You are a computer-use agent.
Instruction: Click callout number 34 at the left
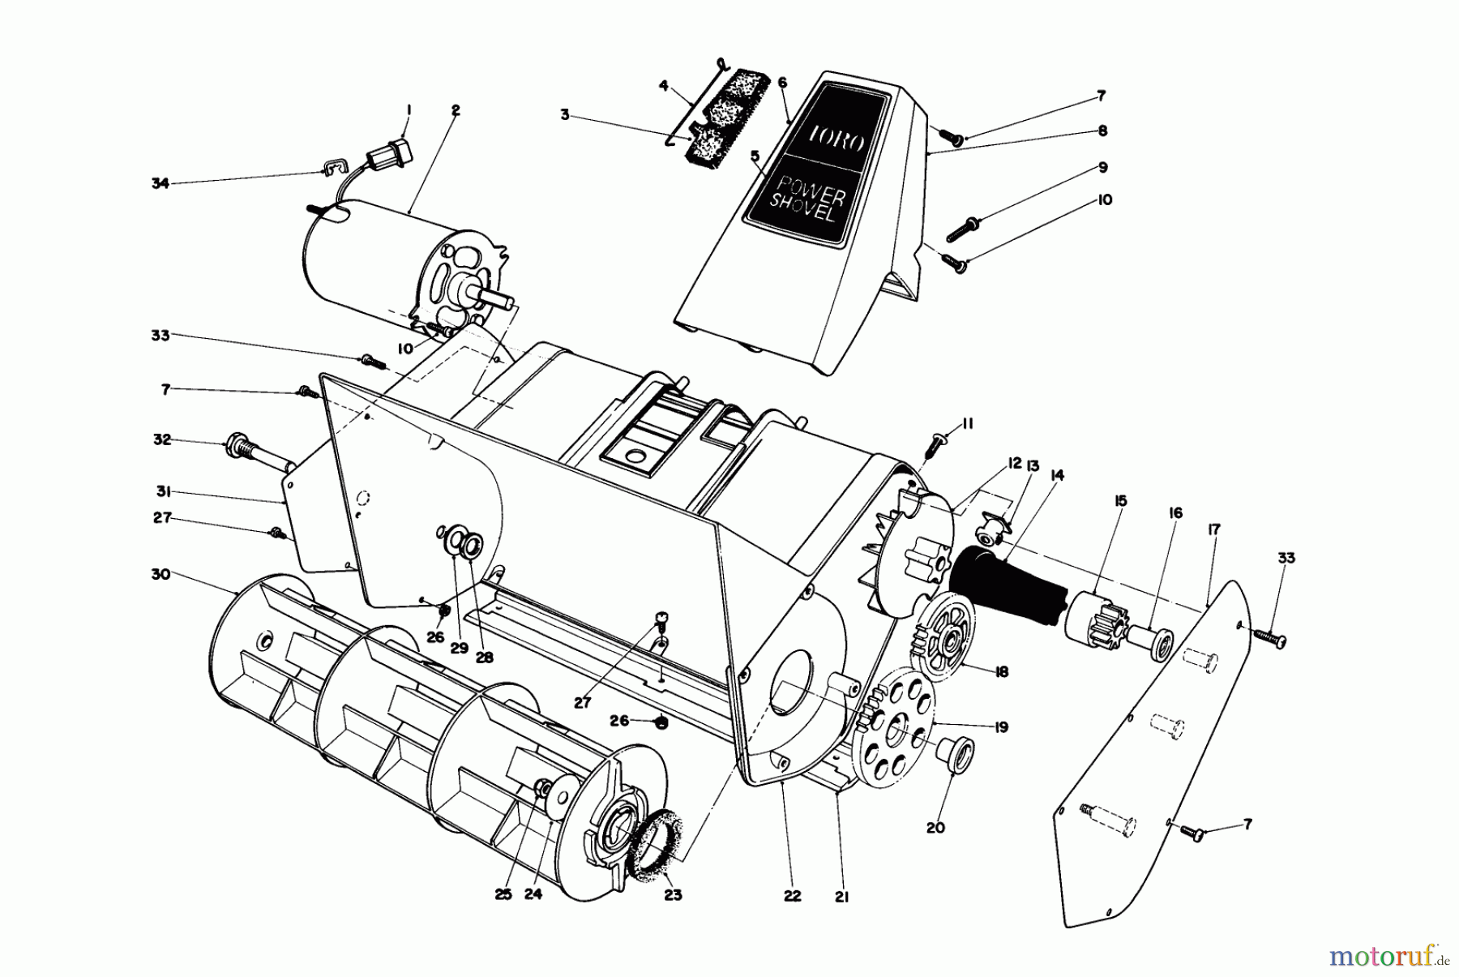(x=160, y=184)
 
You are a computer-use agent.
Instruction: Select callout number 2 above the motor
(x=456, y=111)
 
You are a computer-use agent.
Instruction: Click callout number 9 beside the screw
(x=1103, y=167)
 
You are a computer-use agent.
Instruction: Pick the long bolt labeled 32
(x=255, y=453)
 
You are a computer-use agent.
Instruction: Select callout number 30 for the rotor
(x=161, y=573)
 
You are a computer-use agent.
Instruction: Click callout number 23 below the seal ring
(x=673, y=895)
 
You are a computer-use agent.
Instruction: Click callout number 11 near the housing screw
(x=967, y=423)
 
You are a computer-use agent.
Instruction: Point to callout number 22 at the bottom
(x=792, y=895)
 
